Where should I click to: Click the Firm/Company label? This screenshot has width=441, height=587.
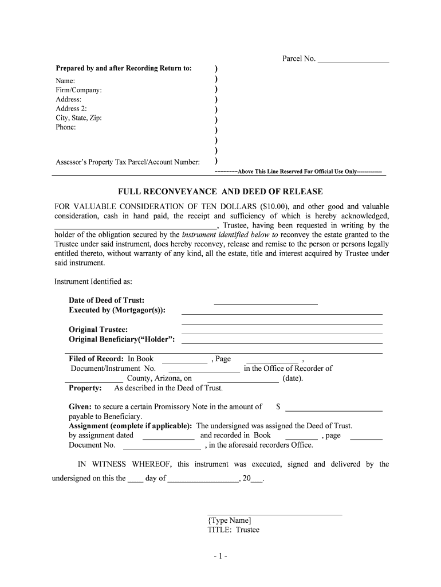coord(78,91)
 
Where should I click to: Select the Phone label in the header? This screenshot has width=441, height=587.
coord(65,127)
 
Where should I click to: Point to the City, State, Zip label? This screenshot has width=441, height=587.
coord(78,118)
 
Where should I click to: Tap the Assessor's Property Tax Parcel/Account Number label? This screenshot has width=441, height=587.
coord(128,162)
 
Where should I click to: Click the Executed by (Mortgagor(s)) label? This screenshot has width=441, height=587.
coord(117,310)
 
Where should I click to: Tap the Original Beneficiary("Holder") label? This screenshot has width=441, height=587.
coord(121,339)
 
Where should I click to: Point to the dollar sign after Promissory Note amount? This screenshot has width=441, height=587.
coord(278,406)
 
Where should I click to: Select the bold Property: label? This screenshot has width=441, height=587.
coord(85,388)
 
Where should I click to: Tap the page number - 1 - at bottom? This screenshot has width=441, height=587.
coord(220,557)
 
